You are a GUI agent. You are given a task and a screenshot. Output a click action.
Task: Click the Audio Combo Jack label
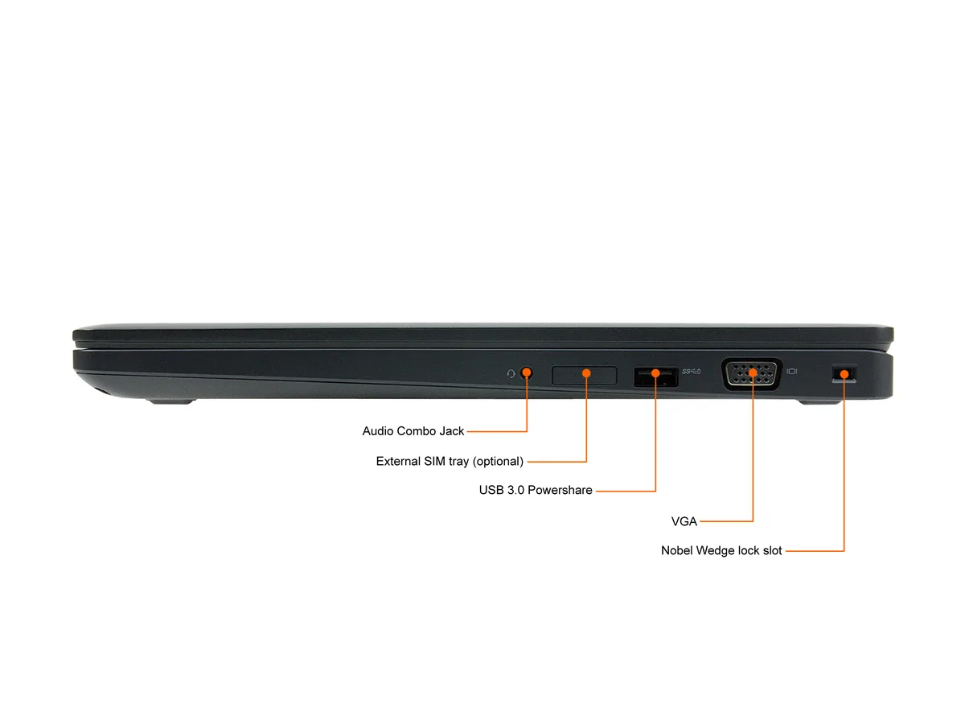tap(413, 431)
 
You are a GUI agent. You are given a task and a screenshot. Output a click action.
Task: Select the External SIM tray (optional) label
tap(450, 461)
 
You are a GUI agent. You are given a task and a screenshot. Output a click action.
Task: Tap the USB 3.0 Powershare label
tap(536, 490)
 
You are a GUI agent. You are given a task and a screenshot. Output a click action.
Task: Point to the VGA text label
tap(684, 521)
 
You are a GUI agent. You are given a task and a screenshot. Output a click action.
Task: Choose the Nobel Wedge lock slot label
tap(721, 550)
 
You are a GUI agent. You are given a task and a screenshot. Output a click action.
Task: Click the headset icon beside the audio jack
tap(511, 373)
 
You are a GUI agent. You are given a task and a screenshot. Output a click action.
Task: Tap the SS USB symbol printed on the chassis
tap(691, 372)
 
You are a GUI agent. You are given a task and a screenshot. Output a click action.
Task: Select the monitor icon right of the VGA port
tap(792, 372)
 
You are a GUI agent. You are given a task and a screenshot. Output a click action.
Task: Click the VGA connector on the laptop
tap(752, 374)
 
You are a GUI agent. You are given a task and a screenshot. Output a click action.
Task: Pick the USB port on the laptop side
tap(656, 377)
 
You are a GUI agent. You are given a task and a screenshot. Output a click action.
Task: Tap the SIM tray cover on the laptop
tap(585, 376)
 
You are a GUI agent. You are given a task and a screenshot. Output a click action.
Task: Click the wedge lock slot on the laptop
tap(844, 374)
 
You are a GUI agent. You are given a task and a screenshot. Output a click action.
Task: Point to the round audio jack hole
tap(526, 373)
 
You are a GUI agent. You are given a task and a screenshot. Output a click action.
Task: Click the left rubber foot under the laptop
tap(171, 401)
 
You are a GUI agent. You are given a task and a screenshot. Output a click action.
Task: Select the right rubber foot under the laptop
tap(819, 401)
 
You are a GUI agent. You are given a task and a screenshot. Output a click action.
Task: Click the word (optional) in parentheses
tap(498, 461)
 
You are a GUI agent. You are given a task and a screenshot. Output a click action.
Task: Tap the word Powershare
tap(560, 490)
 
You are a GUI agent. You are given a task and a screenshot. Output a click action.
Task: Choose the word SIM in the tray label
tap(434, 461)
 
